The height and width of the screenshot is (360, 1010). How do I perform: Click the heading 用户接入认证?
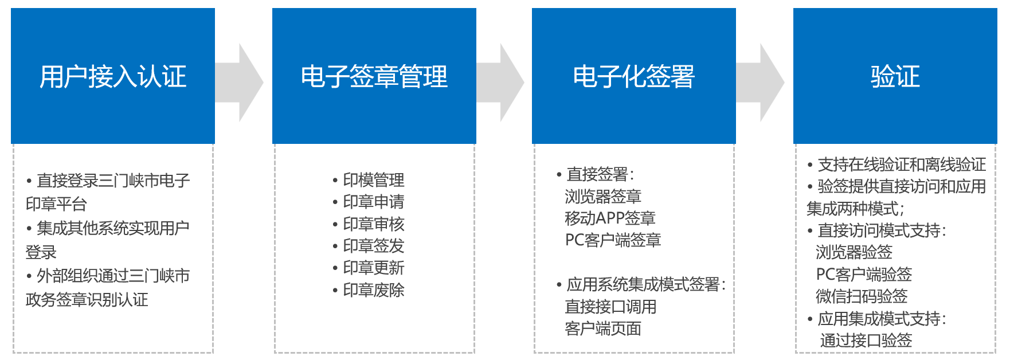[113, 76]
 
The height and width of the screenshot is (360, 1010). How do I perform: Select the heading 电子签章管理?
[374, 76]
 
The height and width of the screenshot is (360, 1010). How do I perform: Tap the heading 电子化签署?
[634, 76]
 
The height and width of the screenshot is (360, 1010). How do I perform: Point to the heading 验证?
[895, 76]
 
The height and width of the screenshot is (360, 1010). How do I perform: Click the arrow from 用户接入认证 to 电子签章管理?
[239, 83]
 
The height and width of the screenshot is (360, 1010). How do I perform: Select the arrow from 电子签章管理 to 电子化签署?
[500, 83]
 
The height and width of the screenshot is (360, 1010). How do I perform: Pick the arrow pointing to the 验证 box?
[760, 83]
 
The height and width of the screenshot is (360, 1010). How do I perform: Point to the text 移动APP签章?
[610, 218]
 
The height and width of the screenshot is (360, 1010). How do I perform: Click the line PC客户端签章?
[613, 240]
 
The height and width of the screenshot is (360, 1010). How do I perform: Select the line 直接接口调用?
[610, 307]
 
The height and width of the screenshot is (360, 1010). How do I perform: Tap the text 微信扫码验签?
[862, 296]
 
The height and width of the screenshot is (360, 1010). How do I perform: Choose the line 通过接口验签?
[866, 341]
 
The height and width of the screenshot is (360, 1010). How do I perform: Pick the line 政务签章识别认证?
[87, 300]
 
